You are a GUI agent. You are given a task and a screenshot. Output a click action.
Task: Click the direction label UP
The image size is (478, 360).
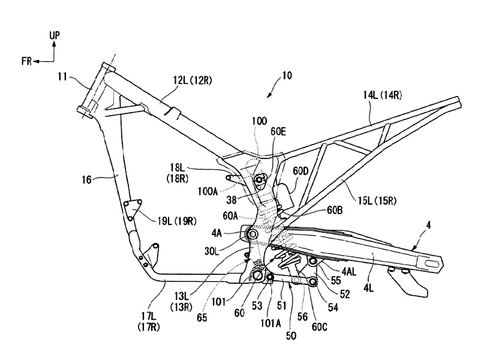[x=55, y=35]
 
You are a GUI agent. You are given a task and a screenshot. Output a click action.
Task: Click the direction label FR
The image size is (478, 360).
[x=26, y=61]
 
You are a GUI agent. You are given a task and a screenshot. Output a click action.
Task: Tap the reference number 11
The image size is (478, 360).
[x=62, y=77]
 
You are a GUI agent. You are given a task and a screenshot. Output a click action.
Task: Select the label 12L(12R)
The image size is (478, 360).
[x=192, y=81]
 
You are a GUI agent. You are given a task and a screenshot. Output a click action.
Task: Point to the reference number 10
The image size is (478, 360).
[x=287, y=76]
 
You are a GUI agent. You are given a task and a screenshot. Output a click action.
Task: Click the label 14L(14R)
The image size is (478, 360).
[x=382, y=95]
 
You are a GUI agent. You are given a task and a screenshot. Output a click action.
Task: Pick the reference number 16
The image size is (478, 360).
[x=87, y=179]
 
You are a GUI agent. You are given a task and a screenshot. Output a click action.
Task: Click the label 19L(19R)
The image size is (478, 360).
[x=177, y=221]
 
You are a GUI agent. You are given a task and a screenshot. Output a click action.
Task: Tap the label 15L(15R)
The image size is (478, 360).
[x=377, y=200]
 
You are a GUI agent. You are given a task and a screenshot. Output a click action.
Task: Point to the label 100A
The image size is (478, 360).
[x=208, y=192]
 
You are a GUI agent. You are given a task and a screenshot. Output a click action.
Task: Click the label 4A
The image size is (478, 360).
[x=217, y=233]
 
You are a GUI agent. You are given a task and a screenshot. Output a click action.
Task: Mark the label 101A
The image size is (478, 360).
[x=270, y=323]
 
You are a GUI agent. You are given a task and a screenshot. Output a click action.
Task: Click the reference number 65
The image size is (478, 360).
[x=202, y=318]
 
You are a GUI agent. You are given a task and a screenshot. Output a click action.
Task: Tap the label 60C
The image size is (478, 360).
[x=319, y=327]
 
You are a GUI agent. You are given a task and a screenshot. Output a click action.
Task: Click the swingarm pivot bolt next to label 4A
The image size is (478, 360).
[x=252, y=235]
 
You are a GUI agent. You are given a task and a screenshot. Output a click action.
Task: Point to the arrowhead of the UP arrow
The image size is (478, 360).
[x=54, y=44]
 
